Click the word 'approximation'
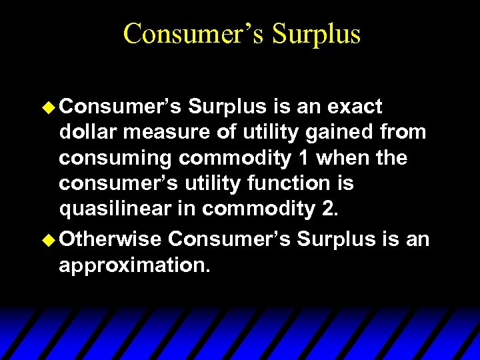(135, 265)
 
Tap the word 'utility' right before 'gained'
(255, 132)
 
